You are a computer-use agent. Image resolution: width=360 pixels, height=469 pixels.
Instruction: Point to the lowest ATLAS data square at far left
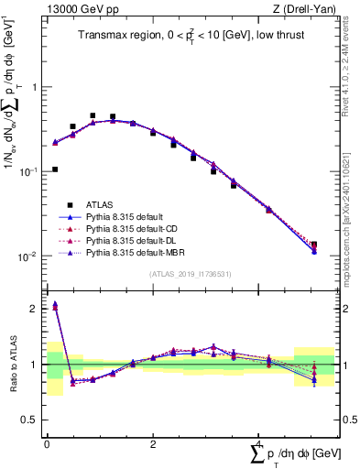click(x=56, y=169)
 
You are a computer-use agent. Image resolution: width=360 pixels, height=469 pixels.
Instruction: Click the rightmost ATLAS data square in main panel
click(x=314, y=245)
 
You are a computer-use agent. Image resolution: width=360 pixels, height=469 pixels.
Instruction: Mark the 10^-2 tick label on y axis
click(x=28, y=256)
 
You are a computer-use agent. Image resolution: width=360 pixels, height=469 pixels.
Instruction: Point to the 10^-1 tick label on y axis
click(x=28, y=172)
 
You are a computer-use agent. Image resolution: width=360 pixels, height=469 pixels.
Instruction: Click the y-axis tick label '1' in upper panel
click(x=35, y=88)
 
